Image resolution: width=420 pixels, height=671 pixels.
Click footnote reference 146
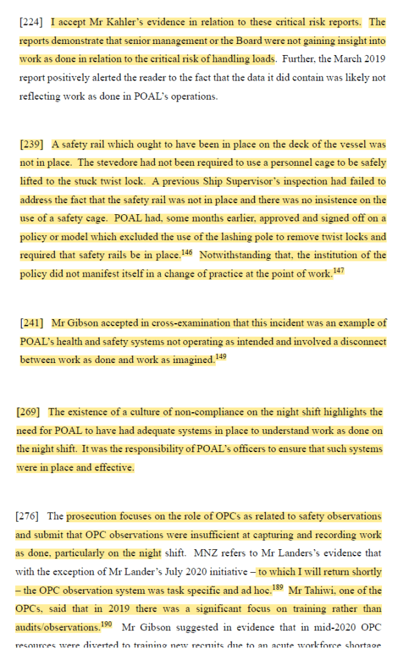coord(186,252)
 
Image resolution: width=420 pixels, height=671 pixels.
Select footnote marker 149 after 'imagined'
coord(222,357)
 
